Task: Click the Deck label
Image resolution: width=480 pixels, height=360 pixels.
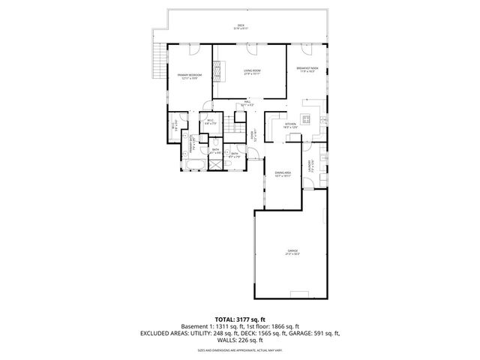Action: point(241,27)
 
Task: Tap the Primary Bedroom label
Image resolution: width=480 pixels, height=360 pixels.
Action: point(190,76)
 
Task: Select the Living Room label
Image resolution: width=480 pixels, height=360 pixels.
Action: point(250,72)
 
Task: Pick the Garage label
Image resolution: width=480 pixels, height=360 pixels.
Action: point(292,253)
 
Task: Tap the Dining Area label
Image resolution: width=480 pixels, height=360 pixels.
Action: point(282,173)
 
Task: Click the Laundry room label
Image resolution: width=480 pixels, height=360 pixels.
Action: point(310,164)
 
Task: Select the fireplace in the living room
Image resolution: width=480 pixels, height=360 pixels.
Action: point(218,70)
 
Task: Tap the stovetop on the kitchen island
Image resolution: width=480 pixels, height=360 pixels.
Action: point(306,118)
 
